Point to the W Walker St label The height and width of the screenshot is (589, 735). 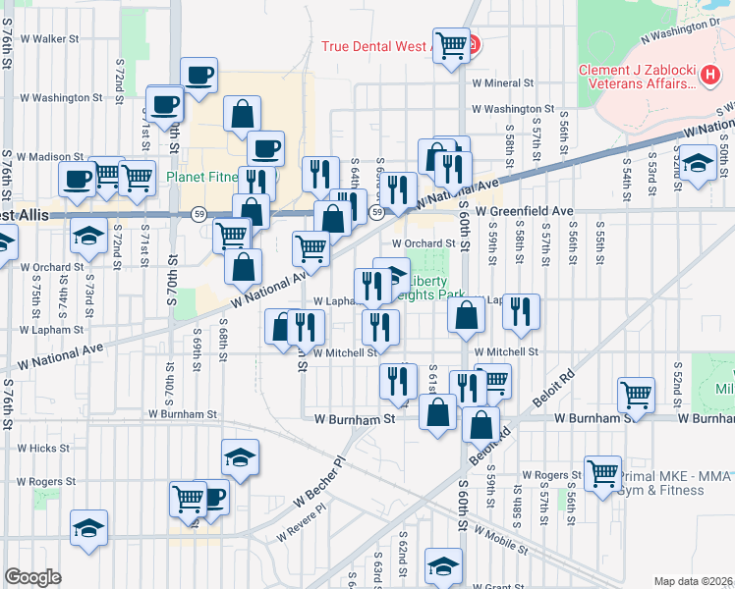pos(48,39)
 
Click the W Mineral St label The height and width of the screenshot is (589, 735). pos(501,84)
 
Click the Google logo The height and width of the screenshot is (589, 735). pos(32,577)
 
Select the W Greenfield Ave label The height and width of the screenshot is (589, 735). pos(524,211)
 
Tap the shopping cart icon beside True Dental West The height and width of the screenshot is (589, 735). pos(451,44)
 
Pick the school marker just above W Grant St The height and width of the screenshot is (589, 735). pos(443,565)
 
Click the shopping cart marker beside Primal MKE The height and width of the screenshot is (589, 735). pos(601,473)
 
